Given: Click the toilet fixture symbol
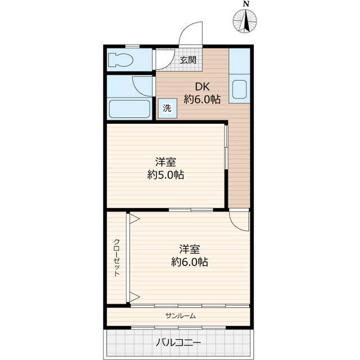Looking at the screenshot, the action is (120, 60).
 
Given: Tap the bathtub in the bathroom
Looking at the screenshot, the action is (129, 109).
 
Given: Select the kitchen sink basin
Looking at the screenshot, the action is (240, 89).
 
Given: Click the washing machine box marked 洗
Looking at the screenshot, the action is (168, 109).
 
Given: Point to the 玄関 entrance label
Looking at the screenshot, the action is (188, 60).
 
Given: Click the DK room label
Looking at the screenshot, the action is (202, 87).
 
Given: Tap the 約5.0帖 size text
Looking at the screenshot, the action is (165, 175).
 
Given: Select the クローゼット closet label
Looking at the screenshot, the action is (116, 258).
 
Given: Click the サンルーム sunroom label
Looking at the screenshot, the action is (181, 316).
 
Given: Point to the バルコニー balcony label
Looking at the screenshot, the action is (178, 343).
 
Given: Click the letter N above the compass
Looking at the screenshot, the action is (246, 4).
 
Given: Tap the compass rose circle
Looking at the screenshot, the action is (245, 21).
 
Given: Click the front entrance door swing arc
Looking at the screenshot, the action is (186, 29).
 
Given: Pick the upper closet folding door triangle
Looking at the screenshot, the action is (134, 219).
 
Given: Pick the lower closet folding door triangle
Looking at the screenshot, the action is (134, 297).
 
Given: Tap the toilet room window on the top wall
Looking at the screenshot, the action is (133, 47).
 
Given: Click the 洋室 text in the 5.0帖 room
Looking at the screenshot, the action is (165, 162).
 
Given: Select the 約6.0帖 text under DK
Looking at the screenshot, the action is (202, 100).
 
